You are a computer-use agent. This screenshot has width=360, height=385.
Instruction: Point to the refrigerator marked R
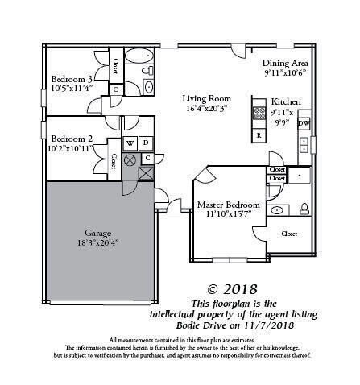point(259,135)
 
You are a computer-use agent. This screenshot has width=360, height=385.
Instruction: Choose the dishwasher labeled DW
point(304,123)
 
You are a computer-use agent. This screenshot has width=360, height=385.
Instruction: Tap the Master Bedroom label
point(228,205)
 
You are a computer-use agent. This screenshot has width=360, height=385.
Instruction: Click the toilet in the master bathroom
point(304,209)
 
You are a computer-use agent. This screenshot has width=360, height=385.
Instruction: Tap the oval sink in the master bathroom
point(278,209)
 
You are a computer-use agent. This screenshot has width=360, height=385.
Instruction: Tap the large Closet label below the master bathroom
point(288,234)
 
